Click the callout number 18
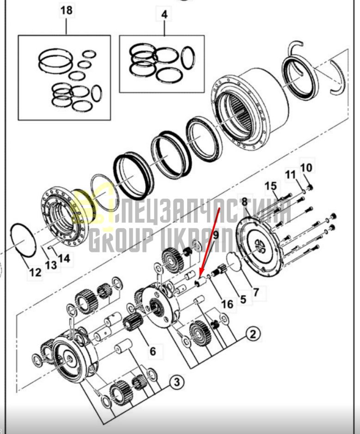coord(67,11)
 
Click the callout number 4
coord(165,14)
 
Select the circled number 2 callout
coord(253,334)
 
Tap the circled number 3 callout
coord(177,382)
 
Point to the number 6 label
coord(153,351)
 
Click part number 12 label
coord(35,273)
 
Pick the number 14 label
coord(64,258)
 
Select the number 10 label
coord(306,167)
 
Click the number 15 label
coord(271,186)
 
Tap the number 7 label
coord(256,292)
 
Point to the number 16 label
coord(227,304)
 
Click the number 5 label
coord(243,299)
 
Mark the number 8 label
coord(244,202)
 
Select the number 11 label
coord(291,175)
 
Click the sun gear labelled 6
coord(131,323)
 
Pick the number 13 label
coord(51,265)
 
